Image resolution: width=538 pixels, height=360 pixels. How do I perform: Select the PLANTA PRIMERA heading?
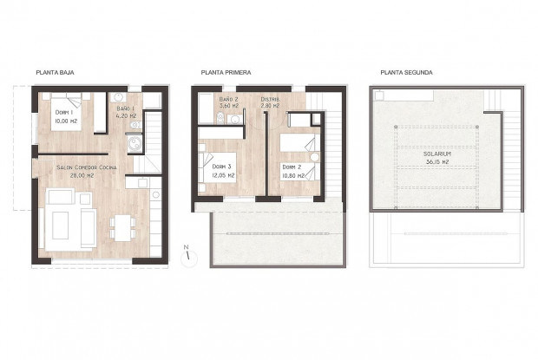tap(225, 73)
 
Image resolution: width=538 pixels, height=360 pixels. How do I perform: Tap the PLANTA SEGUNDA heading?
tap(406, 73)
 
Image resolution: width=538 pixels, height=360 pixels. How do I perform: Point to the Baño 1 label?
tap(128, 108)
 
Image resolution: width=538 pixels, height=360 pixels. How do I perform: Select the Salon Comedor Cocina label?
tap(85, 167)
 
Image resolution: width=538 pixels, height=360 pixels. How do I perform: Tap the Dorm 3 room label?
tap(222, 167)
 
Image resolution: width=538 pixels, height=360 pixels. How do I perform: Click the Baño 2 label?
tap(229, 100)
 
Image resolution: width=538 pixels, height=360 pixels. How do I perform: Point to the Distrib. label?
tap(270, 100)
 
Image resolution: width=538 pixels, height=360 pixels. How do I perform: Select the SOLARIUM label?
tap(436, 154)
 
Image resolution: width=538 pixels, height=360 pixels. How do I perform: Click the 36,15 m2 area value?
tap(436, 162)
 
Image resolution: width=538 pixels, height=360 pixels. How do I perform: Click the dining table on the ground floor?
tap(121, 225)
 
